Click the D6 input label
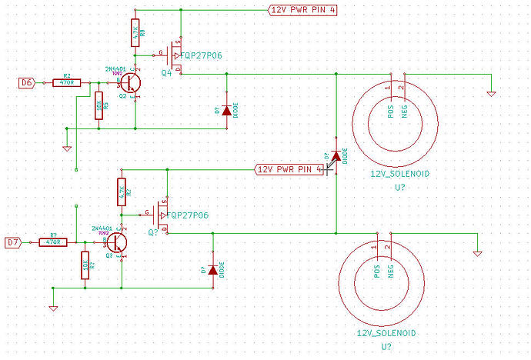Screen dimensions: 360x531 click(x=26, y=82)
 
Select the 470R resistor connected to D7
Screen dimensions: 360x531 click(x=52, y=242)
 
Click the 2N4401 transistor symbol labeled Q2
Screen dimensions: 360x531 click(x=131, y=82)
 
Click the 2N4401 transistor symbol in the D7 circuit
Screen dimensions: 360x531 click(x=117, y=242)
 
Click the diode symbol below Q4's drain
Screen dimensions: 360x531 click(x=225, y=110)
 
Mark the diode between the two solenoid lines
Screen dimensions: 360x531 click(x=336, y=156)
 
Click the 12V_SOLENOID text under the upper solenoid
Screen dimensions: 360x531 click(x=399, y=175)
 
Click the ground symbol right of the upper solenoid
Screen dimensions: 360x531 click(x=491, y=94)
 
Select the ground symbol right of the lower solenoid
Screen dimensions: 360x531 click(x=477, y=253)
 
